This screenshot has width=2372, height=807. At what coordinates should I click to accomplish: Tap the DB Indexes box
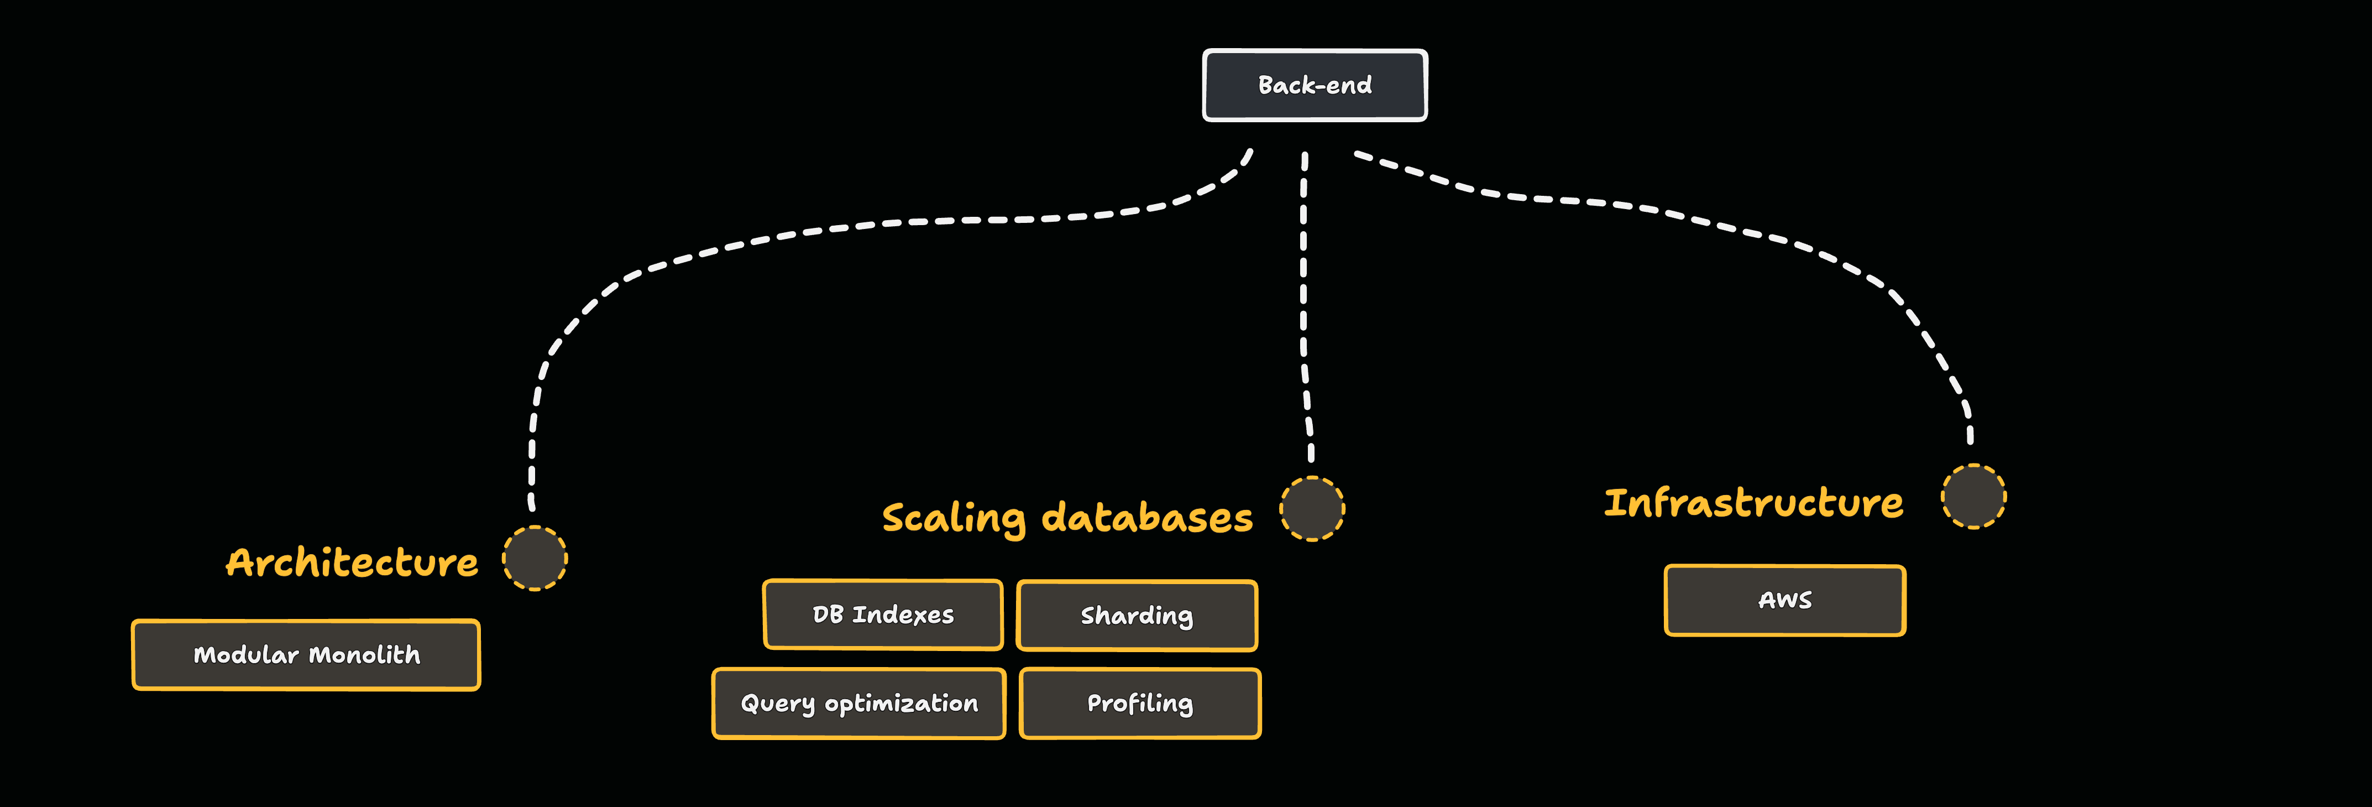882,615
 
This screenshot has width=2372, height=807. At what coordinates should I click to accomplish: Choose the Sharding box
1137,616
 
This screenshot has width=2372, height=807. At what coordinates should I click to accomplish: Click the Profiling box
1140,704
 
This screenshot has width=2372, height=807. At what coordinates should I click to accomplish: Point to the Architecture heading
352,562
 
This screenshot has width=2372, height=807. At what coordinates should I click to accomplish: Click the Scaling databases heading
1067,518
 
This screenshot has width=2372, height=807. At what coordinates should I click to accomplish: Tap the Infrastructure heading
1753,503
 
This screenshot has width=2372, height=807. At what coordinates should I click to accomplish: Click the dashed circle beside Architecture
535,558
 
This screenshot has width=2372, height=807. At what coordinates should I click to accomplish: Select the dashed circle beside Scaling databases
1312,508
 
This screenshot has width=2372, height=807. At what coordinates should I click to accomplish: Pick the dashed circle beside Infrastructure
1973,497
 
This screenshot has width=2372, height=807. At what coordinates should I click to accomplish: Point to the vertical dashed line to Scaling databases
1303,304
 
